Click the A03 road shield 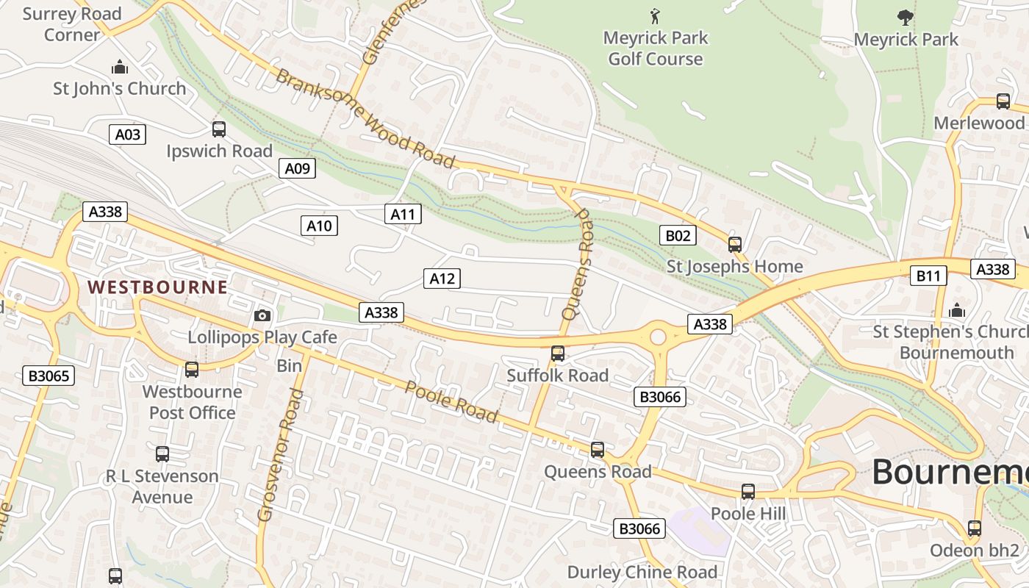127,135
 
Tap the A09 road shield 298,169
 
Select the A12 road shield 442,279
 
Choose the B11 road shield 928,276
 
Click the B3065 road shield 49,376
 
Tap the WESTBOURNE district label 157,287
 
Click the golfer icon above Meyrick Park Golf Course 655,15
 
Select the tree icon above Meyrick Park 906,17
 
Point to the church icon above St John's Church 120,68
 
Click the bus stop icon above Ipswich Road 219,129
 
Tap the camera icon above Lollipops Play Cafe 262,316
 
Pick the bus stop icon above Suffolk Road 558,354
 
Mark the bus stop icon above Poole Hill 748,492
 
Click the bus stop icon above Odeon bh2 975,528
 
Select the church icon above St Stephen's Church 956,311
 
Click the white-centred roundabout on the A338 658,337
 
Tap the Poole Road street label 451,402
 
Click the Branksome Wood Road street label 365,118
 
